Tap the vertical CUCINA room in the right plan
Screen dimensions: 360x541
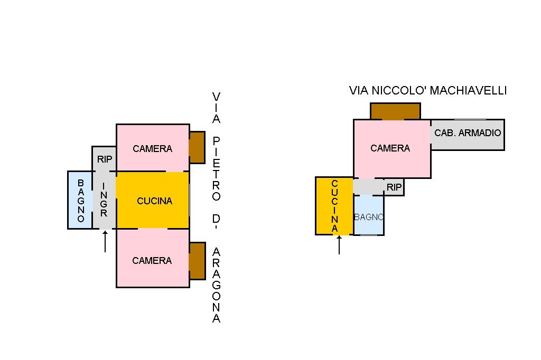[x=334, y=206]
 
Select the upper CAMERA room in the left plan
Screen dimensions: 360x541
[x=152, y=148]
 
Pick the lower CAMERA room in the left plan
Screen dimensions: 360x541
[x=152, y=260]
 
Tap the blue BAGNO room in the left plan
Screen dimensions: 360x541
[x=80, y=201]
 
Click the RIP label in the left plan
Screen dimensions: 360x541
[x=105, y=159]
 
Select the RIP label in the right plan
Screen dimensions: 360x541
[x=394, y=187]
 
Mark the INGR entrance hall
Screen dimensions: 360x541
[x=104, y=200]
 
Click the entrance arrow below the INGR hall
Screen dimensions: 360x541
[x=105, y=241]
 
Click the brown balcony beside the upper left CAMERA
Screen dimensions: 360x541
[x=197, y=147]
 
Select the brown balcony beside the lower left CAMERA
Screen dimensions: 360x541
[x=197, y=261]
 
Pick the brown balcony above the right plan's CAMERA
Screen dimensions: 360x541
[x=395, y=111]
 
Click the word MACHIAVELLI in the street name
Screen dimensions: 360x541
[x=468, y=91]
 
